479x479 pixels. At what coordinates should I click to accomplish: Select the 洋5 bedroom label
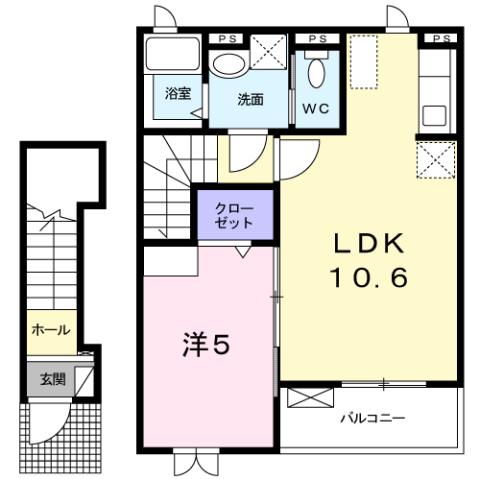coord(206,346)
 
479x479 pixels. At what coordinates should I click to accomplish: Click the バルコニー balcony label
coord(371,417)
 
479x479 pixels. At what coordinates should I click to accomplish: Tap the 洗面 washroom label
coord(250,100)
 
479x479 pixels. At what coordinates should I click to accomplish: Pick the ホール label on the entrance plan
coord(49,329)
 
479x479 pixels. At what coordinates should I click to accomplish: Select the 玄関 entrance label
coord(53,379)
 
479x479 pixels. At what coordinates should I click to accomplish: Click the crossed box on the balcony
coord(307,397)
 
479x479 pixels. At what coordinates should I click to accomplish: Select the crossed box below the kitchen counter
coord(437,157)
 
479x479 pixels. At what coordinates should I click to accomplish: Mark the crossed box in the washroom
coord(268,51)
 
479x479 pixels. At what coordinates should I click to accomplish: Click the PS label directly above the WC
coord(318,39)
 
